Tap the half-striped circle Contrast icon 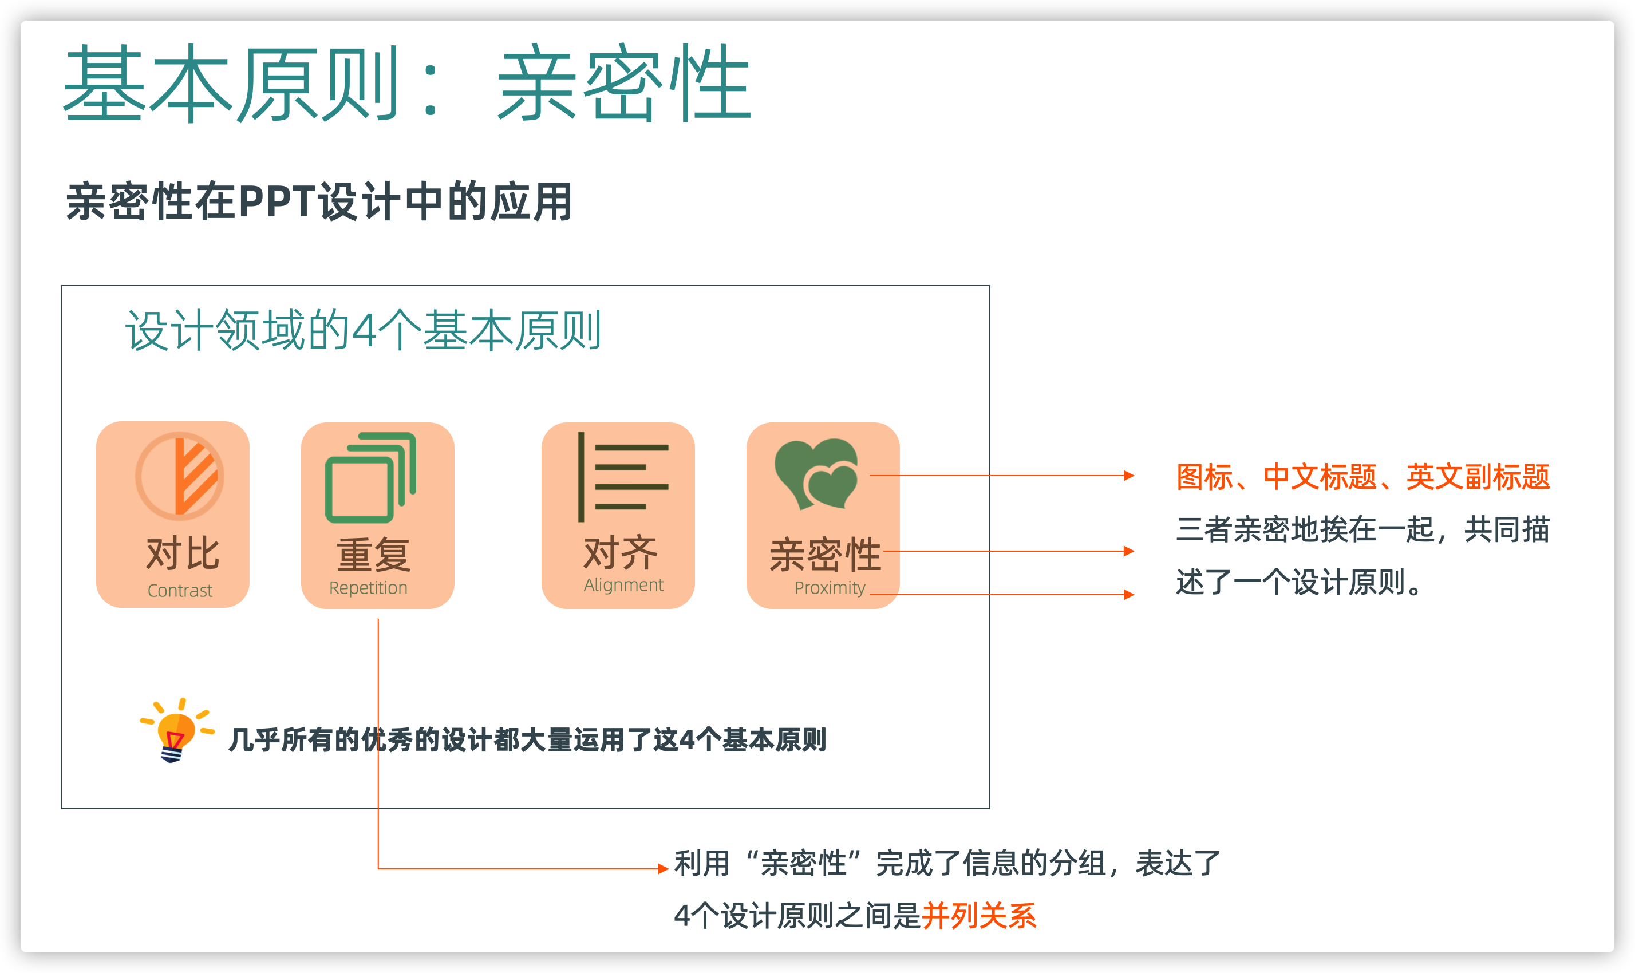click(x=179, y=476)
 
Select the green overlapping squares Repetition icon click(x=370, y=477)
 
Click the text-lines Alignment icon click(x=622, y=477)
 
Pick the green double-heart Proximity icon click(x=816, y=473)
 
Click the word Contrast click(x=180, y=591)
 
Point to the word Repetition click(x=368, y=588)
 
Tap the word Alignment click(x=623, y=585)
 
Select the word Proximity click(x=830, y=588)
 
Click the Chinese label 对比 click(x=182, y=553)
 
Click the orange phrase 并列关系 click(x=978, y=916)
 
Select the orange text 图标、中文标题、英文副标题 click(x=1363, y=477)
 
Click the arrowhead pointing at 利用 click(x=663, y=869)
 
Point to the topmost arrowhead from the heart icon click(x=1129, y=476)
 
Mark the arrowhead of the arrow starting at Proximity click(x=1129, y=595)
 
